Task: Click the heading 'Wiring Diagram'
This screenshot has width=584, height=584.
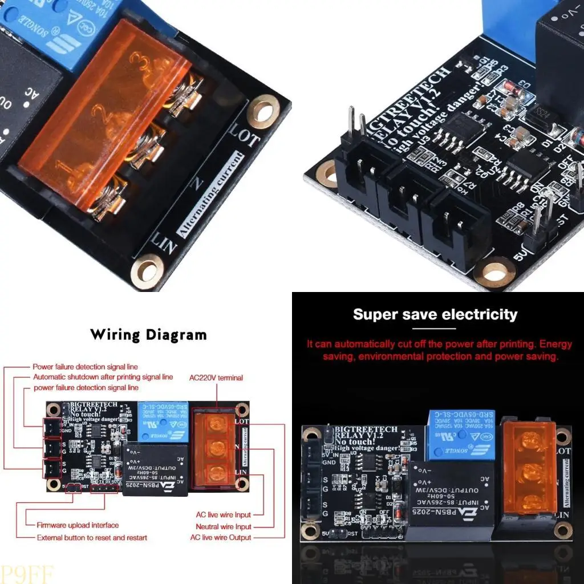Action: (x=148, y=335)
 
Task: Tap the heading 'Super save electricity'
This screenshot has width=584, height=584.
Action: (x=435, y=314)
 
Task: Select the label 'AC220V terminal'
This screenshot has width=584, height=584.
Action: (x=216, y=378)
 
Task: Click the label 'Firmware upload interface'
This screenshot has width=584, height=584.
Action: (x=78, y=525)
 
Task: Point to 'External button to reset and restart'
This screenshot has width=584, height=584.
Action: (x=92, y=537)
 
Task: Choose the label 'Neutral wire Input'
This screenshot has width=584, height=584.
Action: (x=223, y=526)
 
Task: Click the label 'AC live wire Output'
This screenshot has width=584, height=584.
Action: (x=221, y=537)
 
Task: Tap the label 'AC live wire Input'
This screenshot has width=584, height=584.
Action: (x=222, y=515)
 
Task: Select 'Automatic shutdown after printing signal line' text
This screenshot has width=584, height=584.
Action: (x=103, y=377)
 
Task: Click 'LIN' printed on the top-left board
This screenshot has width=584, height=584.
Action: (x=164, y=242)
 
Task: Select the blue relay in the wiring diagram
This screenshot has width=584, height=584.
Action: (x=159, y=421)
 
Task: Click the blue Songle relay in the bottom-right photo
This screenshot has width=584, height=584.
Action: (x=461, y=435)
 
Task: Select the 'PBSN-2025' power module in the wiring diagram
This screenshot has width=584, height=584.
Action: (x=155, y=469)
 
